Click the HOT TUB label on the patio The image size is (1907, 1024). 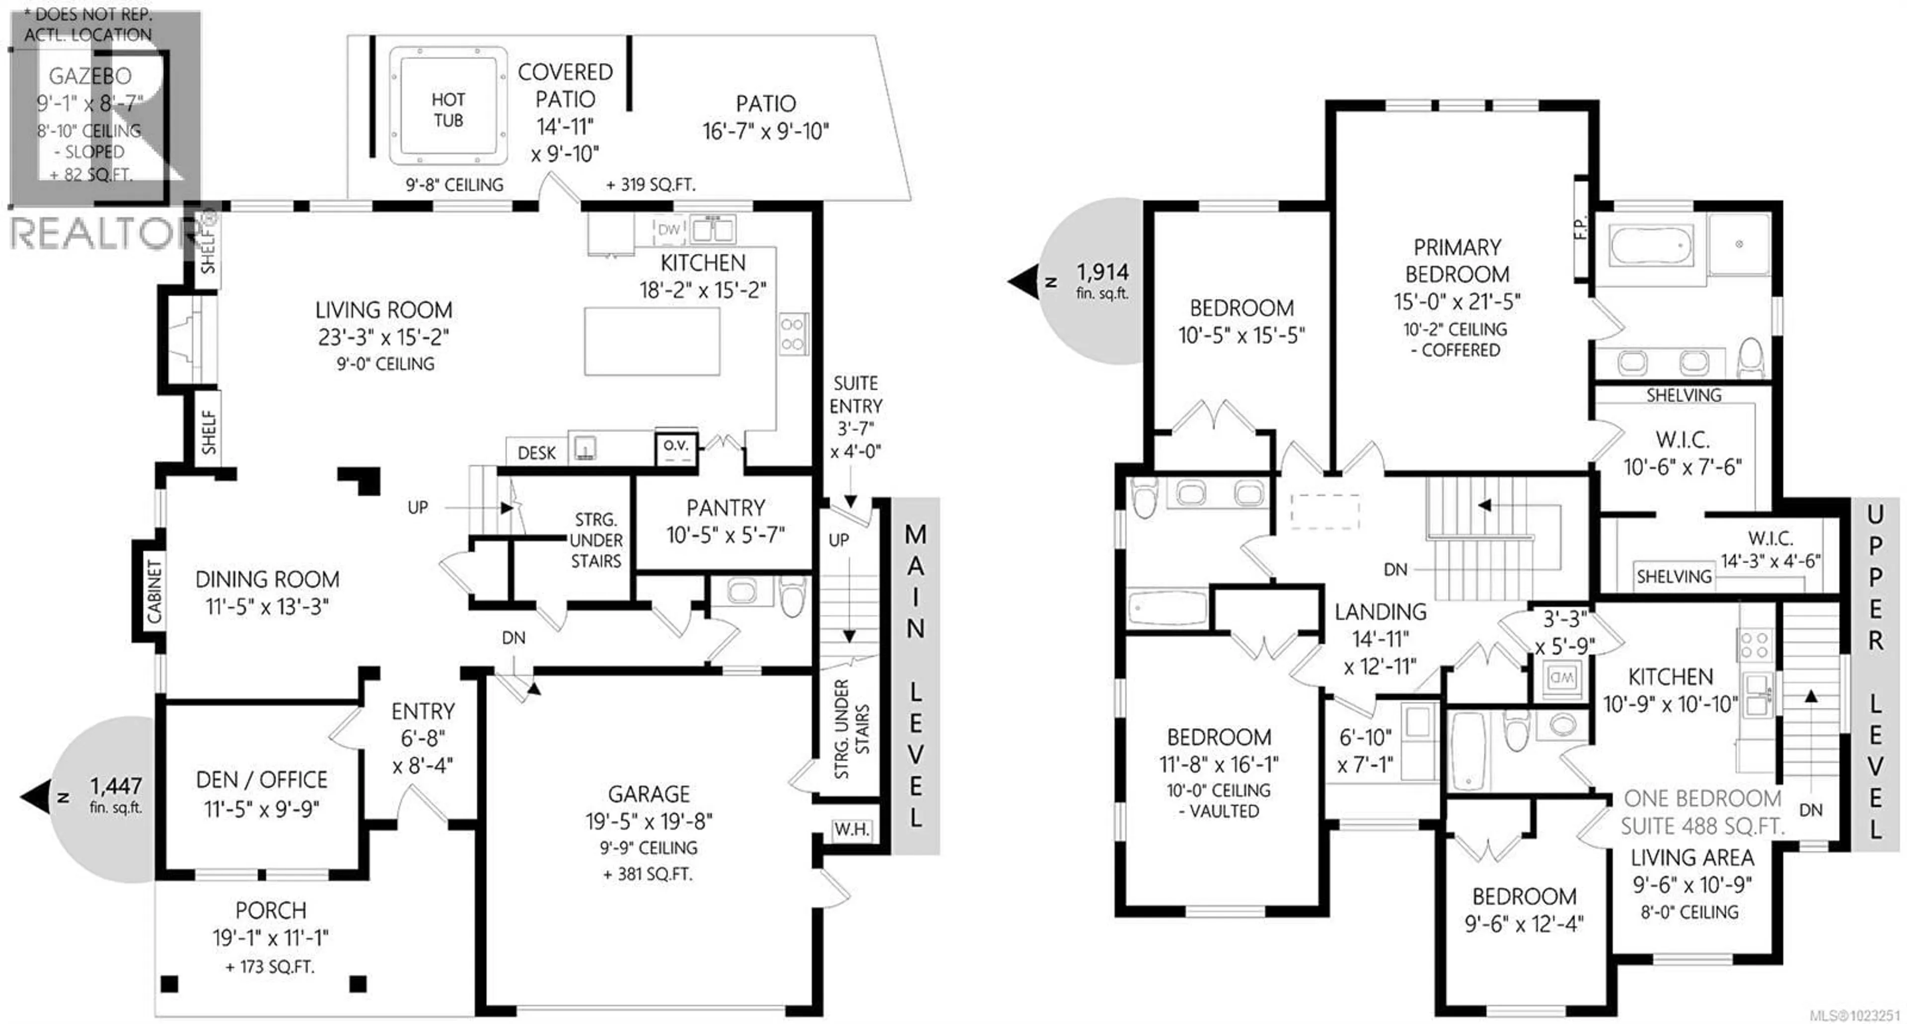tap(448, 110)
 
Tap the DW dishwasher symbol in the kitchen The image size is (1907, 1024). tap(668, 229)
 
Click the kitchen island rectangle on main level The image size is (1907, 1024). tap(652, 341)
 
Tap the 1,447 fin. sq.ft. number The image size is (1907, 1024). tap(116, 786)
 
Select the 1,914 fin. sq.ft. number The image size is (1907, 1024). tap(1102, 273)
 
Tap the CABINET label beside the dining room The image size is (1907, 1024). tap(153, 591)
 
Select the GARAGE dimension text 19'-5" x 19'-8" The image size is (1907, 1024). tap(649, 821)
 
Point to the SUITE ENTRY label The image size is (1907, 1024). tap(855, 395)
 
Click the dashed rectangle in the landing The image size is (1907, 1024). tap(1324, 511)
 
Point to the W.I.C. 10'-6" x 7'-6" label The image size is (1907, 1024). tap(1682, 453)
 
